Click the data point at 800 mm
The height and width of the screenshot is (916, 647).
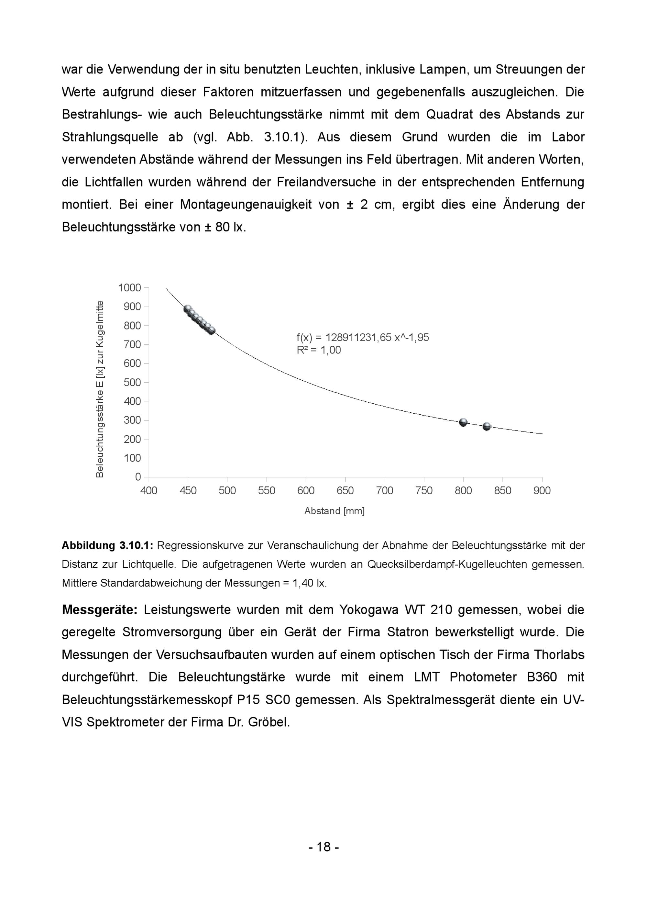tap(463, 422)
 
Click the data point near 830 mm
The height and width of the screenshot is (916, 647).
tap(486, 427)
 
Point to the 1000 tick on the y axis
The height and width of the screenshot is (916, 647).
tap(129, 288)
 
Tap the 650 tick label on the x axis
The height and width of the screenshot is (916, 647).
tap(345, 490)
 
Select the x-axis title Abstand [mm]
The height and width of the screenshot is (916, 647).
tap(334, 511)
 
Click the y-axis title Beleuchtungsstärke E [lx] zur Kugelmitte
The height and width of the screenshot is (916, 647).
tap(99, 389)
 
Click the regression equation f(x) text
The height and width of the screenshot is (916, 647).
tap(362, 338)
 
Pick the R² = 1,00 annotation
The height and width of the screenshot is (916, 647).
tap(319, 350)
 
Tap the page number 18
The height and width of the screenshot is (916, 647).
tap(323, 847)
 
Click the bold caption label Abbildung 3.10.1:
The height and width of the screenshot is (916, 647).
tap(107, 546)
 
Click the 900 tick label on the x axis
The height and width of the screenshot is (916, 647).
tap(542, 490)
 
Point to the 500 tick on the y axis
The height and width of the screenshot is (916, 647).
tap(132, 382)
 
